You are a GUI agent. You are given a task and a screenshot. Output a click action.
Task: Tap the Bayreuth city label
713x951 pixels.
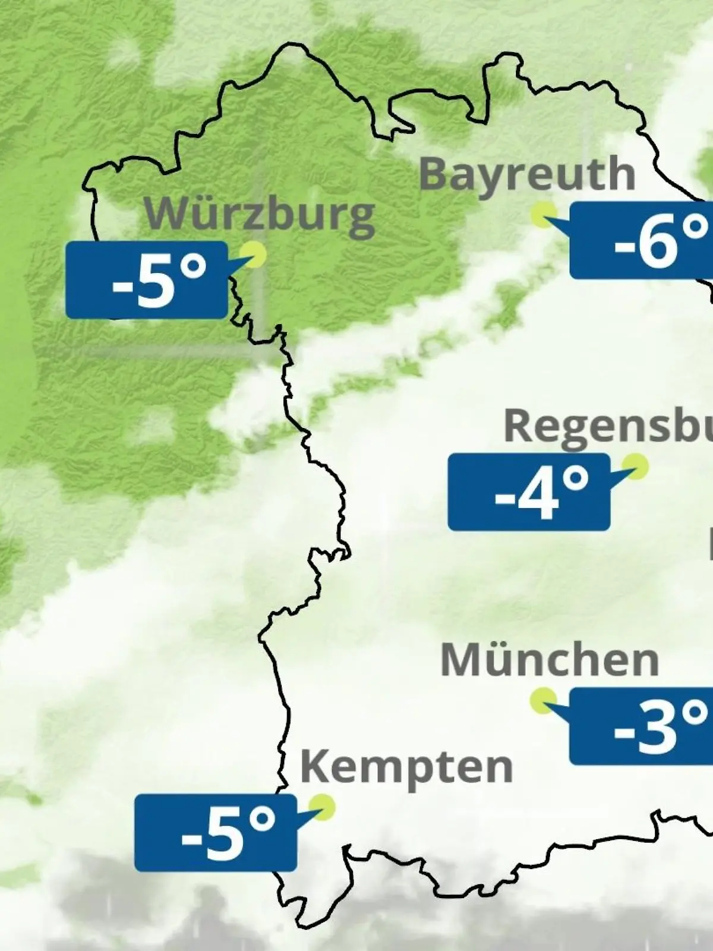click(x=527, y=174)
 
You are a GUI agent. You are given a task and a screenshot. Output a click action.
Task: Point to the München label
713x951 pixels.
click(x=550, y=660)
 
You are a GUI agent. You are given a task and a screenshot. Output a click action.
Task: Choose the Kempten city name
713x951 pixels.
click(x=406, y=767)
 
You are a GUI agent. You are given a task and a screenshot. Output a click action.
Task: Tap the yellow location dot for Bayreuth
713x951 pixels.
click(x=544, y=214)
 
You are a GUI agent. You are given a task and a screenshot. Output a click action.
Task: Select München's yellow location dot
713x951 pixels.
click(x=543, y=700)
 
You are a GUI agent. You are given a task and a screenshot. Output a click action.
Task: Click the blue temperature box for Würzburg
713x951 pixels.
click(x=146, y=280)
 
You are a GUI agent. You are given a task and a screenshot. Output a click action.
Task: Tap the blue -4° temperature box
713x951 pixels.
click(x=529, y=492)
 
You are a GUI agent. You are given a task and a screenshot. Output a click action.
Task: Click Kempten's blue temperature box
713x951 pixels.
click(x=215, y=833)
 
